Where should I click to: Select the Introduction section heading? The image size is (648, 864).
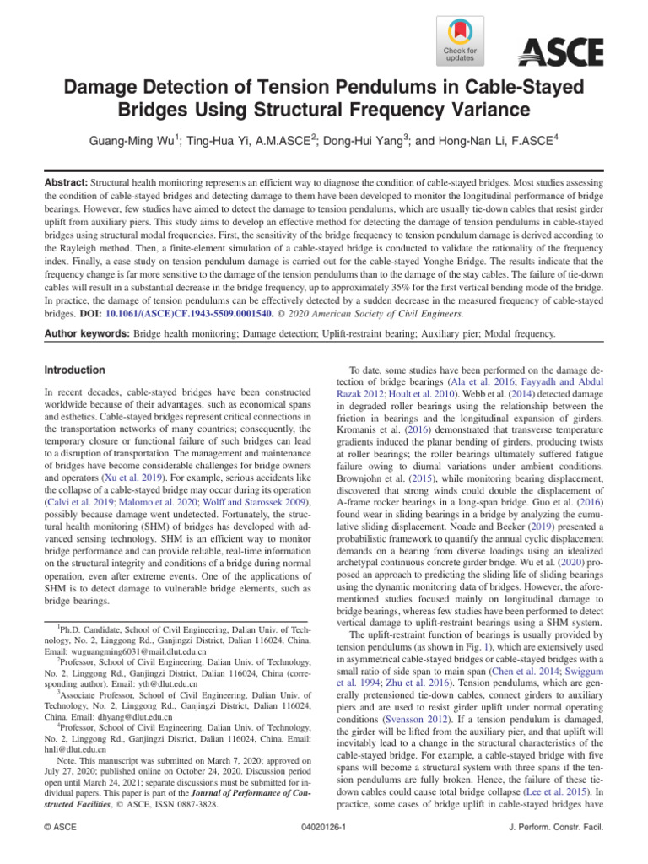point(75,370)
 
